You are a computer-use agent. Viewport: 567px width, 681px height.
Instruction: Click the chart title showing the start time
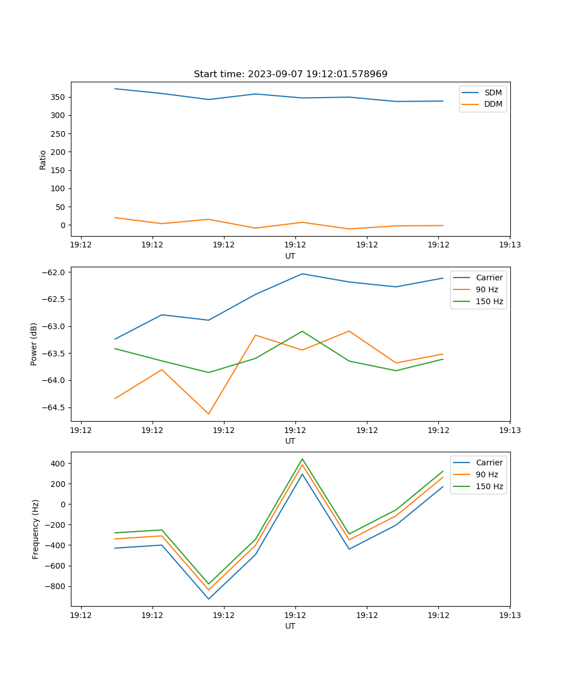click(x=290, y=74)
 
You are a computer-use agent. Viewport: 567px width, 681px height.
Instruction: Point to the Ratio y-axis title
click(x=43, y=159)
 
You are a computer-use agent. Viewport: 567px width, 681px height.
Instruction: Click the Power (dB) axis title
click(x=34, y=344)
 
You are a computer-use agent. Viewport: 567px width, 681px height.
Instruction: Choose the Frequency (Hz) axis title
click(x=36, y=529)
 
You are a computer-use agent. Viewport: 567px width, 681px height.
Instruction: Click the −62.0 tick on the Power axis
click(x=54, y=272)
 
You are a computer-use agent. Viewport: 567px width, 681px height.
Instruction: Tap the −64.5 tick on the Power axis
click(x=54, y=407)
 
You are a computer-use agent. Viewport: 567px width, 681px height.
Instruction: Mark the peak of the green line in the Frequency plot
click(x=302, y=459)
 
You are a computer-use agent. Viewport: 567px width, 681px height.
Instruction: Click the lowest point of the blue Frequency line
click(x=209, y=599)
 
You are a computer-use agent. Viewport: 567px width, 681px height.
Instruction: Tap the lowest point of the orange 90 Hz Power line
click(x=209, y=414)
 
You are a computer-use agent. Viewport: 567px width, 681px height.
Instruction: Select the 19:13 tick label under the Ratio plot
click(x=510, y=245)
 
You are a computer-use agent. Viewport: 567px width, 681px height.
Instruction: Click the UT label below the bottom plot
click(x=290, y=626)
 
